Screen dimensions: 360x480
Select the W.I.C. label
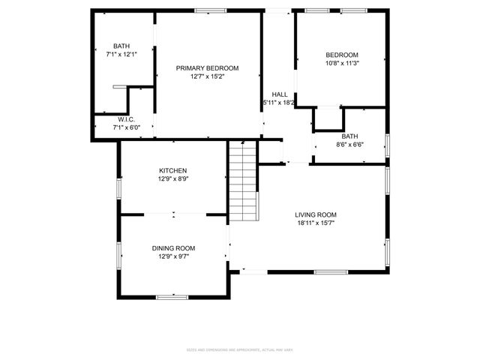[x=125, y=120]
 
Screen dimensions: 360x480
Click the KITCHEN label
[x=172, y=171]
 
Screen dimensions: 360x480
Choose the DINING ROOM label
[x=173, y=248]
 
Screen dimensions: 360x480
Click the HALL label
[x=279, y=94]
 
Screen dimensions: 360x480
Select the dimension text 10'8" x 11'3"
[x=341, y=64]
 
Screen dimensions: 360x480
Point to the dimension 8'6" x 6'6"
[x=349, y=144]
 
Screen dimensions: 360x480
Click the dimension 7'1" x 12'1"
[x=121, y=54]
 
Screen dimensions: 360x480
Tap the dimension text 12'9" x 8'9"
[x=172, y=179]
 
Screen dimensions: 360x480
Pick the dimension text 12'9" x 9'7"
[x=173, y=256]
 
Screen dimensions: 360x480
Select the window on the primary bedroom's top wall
[x=211, y=10]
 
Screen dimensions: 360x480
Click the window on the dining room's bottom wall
[x=172, y=297]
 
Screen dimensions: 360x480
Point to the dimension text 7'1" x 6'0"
[x=125, y=127]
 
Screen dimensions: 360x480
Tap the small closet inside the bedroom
[x=328, y=118]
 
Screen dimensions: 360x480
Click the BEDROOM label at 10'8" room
[x=341, y=55]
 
